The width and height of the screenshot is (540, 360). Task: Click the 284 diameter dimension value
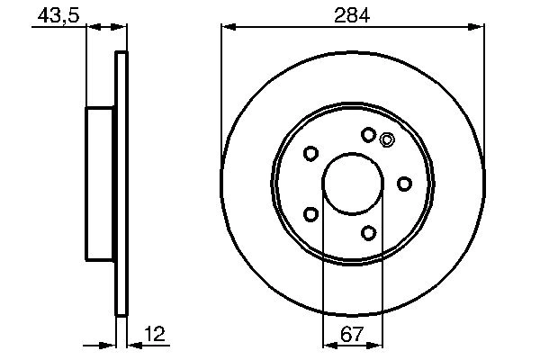coord(352,15)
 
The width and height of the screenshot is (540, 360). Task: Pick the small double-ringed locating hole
coord(388,139)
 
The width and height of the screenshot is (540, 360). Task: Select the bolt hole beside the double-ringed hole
coord(368,134)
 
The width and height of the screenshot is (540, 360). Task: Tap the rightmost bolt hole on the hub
coord(405,184)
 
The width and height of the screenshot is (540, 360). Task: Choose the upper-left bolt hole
coord(311,154)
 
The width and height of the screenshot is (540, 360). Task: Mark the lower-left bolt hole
coord(311,213)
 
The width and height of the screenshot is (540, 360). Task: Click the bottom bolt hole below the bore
coord(368,233)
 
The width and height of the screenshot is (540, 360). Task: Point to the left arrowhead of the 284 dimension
coord(227,29)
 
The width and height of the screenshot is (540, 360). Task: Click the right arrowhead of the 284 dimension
coord(479,29)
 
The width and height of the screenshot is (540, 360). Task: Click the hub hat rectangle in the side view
coord(102,183)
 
